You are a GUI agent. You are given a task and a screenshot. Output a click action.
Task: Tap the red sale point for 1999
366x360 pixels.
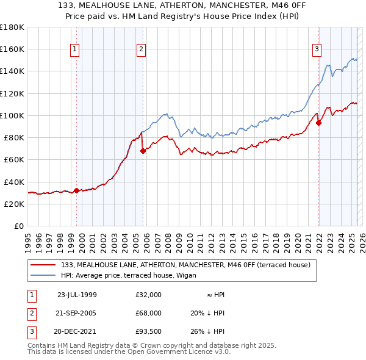click(76, 190)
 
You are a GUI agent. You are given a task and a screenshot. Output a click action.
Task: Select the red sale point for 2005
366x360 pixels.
click(143, 151)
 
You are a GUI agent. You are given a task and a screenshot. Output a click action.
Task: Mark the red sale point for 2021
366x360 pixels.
click(318, 122)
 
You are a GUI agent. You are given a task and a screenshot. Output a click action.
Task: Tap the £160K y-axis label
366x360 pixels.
click(12, 49)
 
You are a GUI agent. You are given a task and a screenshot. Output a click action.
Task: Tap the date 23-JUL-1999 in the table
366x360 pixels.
click(77, 295)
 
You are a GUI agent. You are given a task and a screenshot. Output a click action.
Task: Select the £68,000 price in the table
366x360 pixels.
click(149, 313)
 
